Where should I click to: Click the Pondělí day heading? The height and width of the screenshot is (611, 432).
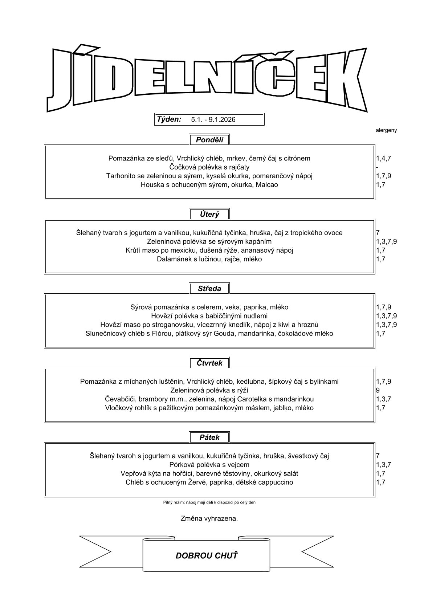point(209,140)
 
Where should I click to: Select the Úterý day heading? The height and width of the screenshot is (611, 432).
point(209,214)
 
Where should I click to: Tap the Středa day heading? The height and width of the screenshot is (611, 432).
point(209,289)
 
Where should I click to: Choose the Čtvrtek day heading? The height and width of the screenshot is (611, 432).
point(209,363)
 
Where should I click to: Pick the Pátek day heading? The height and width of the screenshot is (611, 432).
point(209,437)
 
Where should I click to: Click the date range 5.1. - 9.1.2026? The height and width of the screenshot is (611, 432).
point(213,119)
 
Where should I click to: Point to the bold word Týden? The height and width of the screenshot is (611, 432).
point(169,119)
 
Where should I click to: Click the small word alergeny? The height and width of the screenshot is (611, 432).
point(386,130)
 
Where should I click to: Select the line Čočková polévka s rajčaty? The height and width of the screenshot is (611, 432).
point(209,167)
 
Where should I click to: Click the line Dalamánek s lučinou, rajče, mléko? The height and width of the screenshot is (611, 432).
point(209,259)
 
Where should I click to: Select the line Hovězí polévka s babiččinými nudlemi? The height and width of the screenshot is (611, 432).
point(209,315)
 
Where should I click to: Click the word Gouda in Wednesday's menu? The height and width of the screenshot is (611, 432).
point(226,333)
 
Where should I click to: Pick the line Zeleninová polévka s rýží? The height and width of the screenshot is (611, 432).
point(209,390)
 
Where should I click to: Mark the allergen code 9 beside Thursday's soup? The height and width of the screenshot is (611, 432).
point(378,390)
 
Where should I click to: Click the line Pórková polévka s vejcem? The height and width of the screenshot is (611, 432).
point(209,465)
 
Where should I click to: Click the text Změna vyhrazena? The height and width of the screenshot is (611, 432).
point(209,518)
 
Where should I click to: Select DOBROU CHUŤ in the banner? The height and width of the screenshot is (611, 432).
point(207,555)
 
